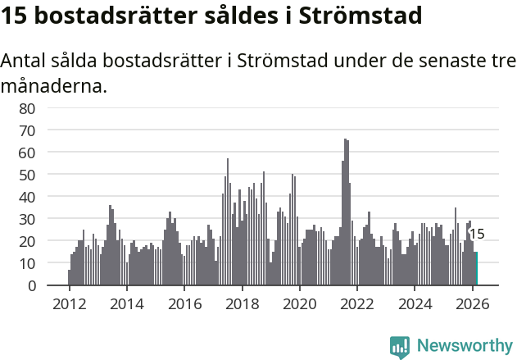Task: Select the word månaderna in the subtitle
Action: tap(54, 85)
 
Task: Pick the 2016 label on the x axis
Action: tap(184, 303)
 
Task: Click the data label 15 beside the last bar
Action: tap(477, 235)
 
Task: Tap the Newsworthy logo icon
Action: tap(400, 347)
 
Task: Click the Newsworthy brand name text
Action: tap(465, 347)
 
